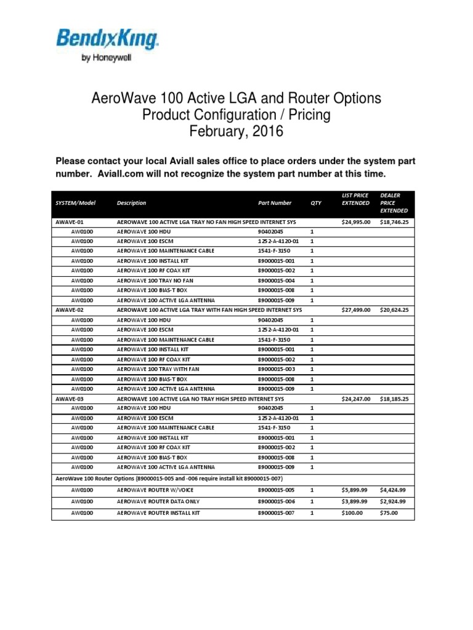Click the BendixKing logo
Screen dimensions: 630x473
pyautogui.click(x=108, y=39)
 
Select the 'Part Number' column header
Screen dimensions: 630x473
pyautogui.click(x=275, y=202)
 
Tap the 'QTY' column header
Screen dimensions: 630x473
pyautogui.click(x=316, y=202)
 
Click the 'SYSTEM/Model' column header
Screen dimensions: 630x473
pyautogui.click(x=75, y=202)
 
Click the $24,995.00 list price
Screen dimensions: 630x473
pyautogui.click(x=356, y=221)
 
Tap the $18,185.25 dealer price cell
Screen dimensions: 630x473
pyautogui.click(x=394, y=399)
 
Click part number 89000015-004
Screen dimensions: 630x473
pyautogui.click(x=277, y=281)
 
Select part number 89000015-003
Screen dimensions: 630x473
pyautogui.click(x=277, y=369)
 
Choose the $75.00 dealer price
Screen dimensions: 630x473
pyautogui.click(x=390, y=512)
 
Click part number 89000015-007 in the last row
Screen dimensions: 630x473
pyautogui.click(x=277, y=512)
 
